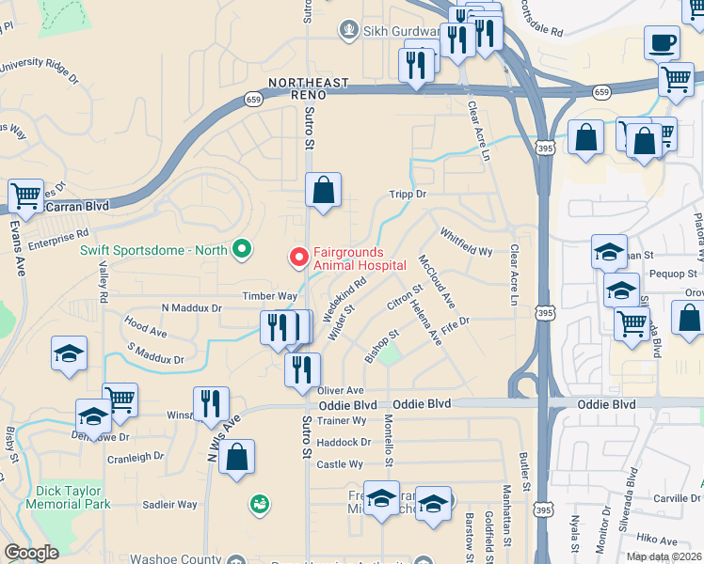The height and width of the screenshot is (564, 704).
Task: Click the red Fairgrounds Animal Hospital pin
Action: (299, 256)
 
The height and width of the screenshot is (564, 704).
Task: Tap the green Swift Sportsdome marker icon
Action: (243, 249)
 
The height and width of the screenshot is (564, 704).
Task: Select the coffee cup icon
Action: (662, 43)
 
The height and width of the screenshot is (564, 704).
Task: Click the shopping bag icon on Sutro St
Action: (323, 192)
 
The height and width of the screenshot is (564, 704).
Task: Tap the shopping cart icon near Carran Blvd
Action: (25, 196)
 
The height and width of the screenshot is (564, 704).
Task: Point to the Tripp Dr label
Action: (408, 195)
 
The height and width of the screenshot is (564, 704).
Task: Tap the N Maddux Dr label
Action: (191, 307)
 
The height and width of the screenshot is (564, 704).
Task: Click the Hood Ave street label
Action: (145, 327)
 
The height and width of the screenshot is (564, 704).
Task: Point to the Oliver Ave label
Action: (341, 390)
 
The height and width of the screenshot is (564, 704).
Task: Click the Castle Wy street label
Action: (340, 464)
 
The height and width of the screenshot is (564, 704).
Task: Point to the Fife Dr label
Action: (455, 321)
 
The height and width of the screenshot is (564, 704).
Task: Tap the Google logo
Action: (31, 553)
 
